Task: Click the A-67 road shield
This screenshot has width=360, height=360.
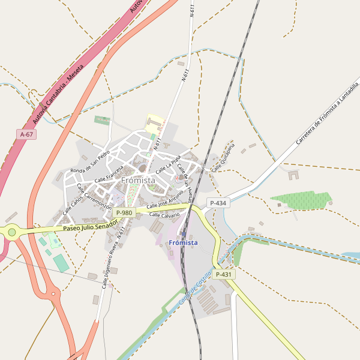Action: tap(26, 135)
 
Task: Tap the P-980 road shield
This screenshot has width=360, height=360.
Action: tap(124, 213)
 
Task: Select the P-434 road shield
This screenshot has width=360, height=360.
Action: tap(218, 203)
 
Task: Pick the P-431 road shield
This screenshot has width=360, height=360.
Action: tap(224, 274)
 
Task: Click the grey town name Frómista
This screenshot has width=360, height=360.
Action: tap(138, 180)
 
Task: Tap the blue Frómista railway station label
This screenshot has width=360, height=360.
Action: tap(183, 242)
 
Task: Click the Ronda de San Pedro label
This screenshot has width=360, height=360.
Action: tap(90, 162)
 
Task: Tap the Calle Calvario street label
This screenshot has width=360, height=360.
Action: tap(164, 214)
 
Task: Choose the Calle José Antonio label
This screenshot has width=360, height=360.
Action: tap(164, 200)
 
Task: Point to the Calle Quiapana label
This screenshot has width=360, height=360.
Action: tap(221, 157)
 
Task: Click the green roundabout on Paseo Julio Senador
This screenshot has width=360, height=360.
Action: tap(12, 232)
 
